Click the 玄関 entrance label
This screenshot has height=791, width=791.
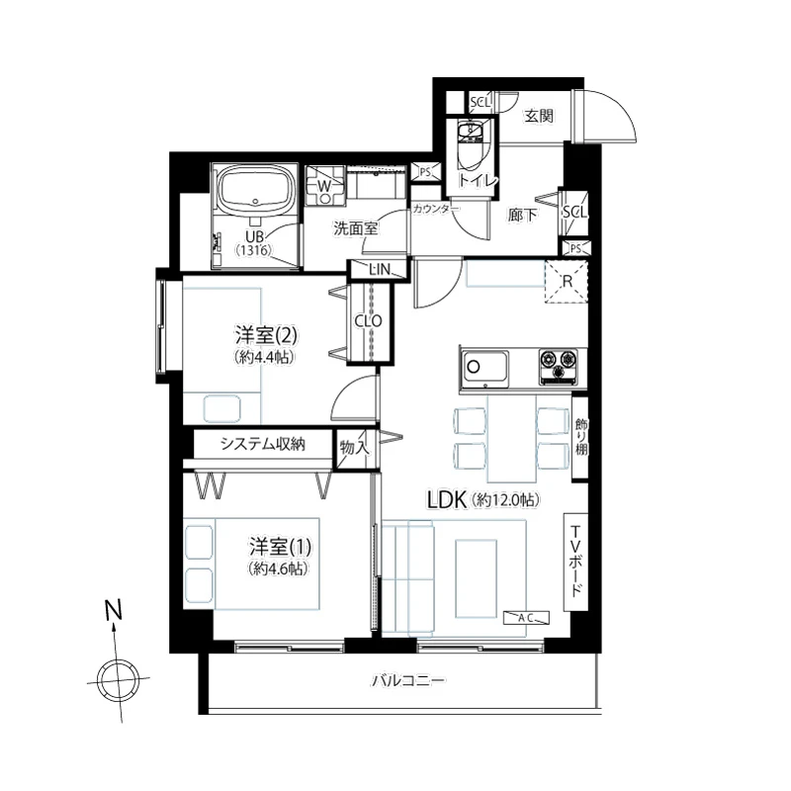point(539,116)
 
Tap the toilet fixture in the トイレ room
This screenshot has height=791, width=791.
point(470,144)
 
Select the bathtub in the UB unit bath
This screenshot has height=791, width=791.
point(257,192)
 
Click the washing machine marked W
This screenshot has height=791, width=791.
point(325,186)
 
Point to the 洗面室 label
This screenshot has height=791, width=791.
point(355,228)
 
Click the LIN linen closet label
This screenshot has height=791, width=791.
point(380,269)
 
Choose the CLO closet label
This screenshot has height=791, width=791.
point(368,320)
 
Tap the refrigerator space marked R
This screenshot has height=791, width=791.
point(567,282)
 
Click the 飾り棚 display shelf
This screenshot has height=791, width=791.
point(580,437)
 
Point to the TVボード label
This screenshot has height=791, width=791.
point(575,561)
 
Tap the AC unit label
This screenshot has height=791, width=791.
point(526,617)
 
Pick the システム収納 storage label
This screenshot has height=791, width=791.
point(263,444)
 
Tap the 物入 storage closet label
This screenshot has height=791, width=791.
point(354,447)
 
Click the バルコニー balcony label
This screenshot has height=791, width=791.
point(408,681)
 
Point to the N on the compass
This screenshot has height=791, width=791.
point(114,610)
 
